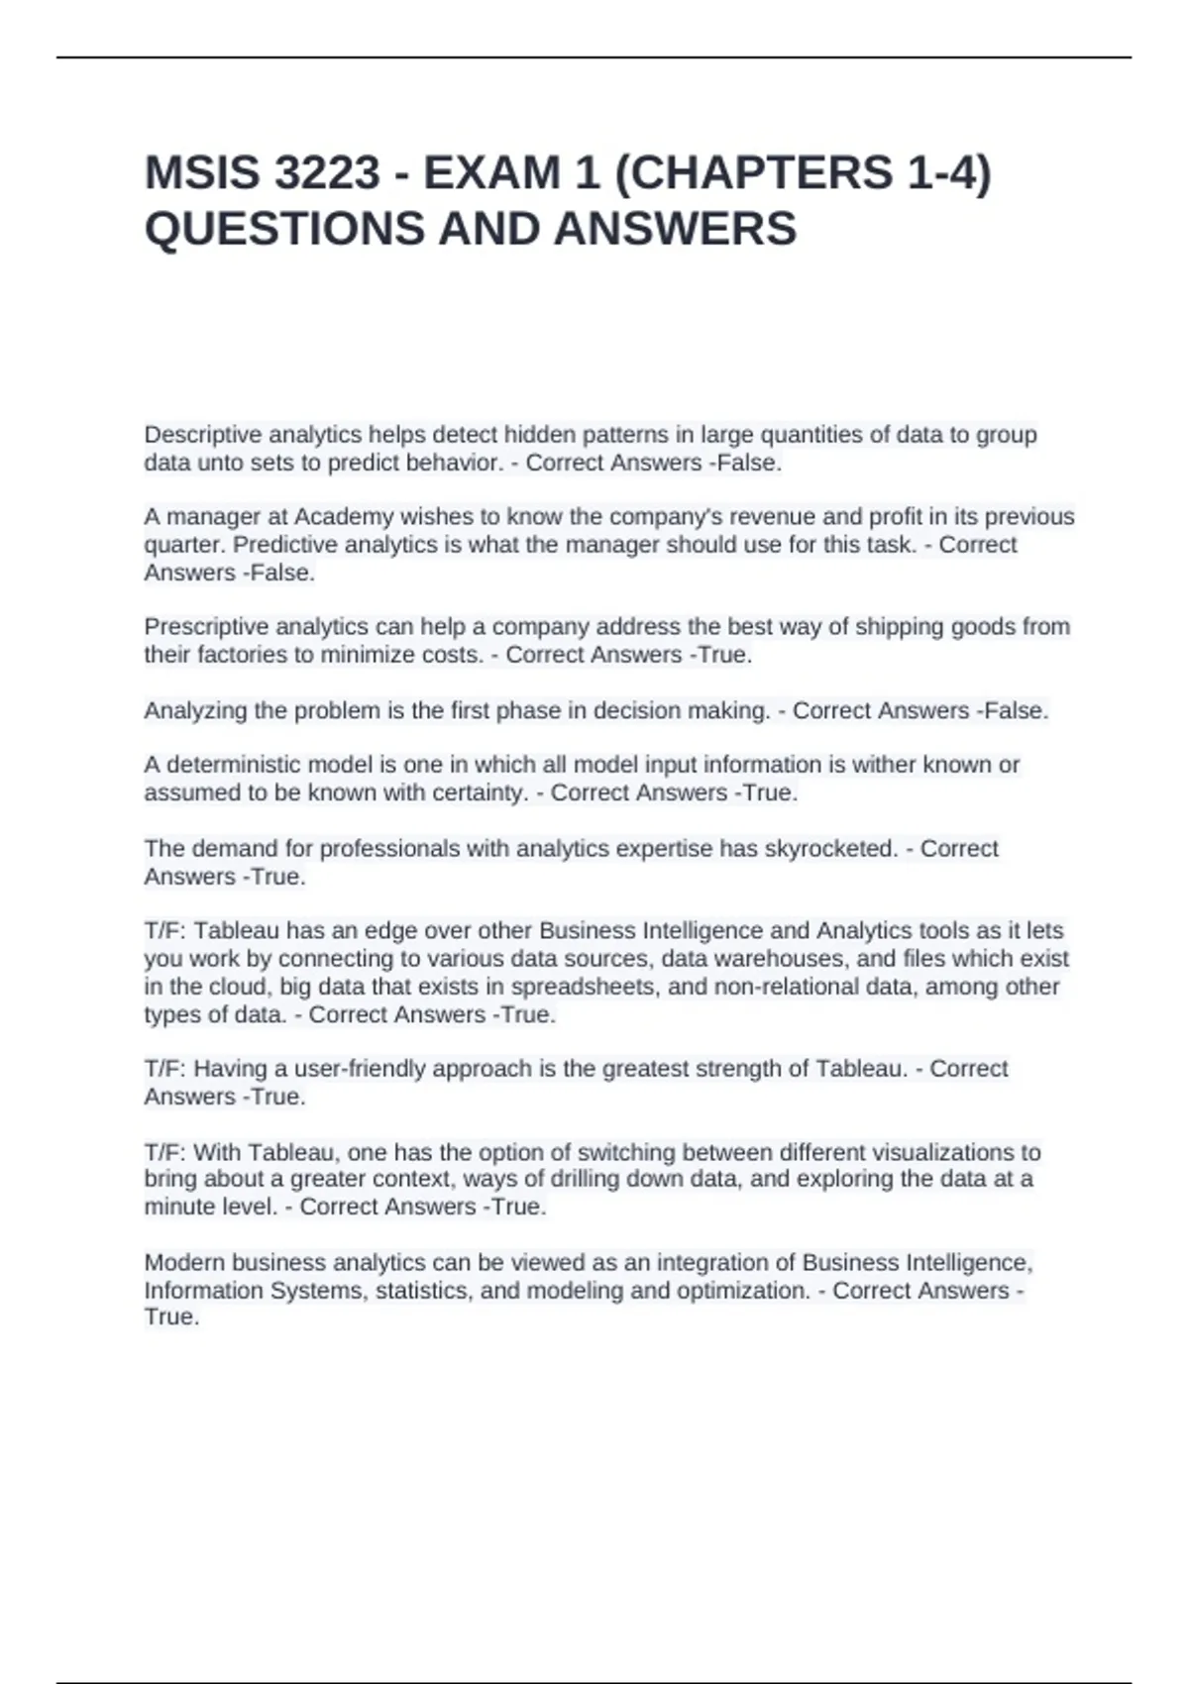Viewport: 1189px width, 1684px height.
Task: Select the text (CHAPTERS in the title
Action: tap(753, 173)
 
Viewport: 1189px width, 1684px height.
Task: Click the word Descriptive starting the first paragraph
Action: tap(203, 435)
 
